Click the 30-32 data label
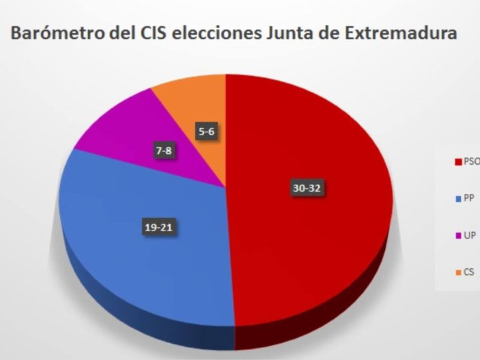pyautogui.click(x=307, y=189)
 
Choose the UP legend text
pyautogui.click(x=470, y=235)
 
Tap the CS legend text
pyautogui.click(x=469, y=272)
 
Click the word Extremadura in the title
pyautogui.click(x=401, y=33)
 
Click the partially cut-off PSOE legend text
pyautogui.click(x=472, y=162)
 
